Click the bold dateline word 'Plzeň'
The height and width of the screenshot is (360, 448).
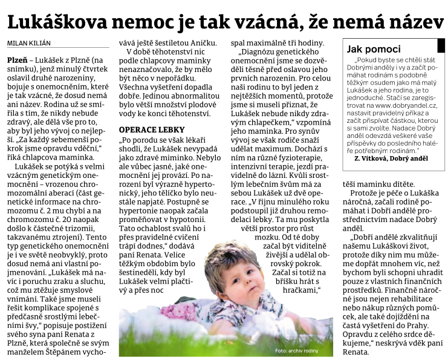18,62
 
